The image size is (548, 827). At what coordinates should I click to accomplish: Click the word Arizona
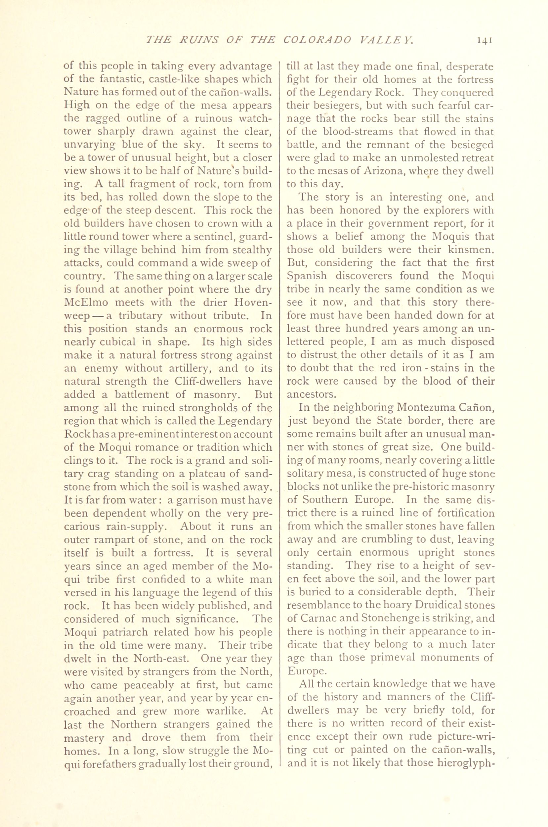click(384, 171)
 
